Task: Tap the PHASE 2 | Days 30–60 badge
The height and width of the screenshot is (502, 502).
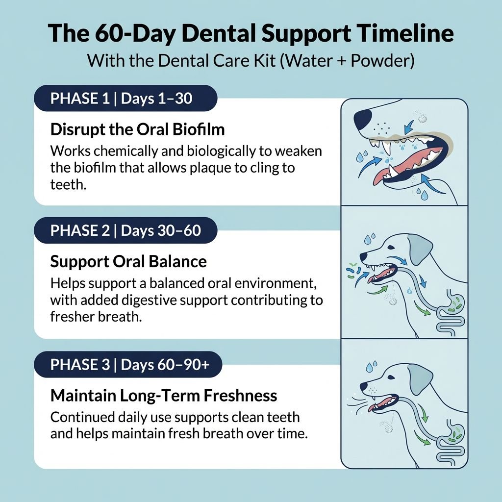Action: point(125,230)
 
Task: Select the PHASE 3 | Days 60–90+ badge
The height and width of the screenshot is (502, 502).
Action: point(127,364)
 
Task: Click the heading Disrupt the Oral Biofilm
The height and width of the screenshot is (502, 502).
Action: point(137,130)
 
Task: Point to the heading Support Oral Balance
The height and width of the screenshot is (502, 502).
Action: point(128,261)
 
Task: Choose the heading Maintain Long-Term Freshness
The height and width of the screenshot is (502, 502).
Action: point(164,395)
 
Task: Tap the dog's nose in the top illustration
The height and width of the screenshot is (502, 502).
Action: point(363,117)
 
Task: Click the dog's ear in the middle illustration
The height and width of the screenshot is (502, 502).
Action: point(420,248)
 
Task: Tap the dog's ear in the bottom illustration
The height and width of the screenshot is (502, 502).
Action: point(420,380)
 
